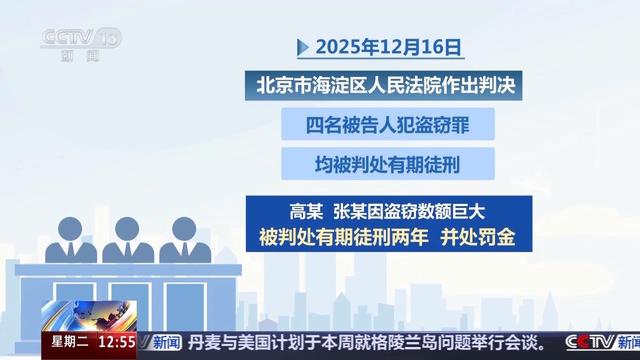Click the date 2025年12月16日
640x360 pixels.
click(x=389, y=46)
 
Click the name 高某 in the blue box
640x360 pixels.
click(x=307, y=212)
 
